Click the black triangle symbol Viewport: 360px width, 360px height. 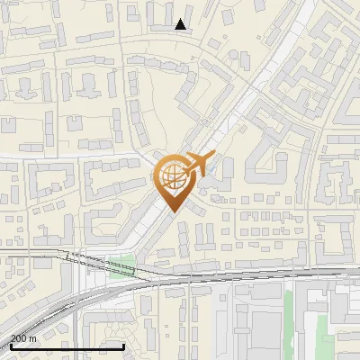coord(181,24)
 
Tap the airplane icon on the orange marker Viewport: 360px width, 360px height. coord(196,165)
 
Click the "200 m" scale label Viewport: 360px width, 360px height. coord(23,337)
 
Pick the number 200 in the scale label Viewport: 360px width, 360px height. coord(19,337)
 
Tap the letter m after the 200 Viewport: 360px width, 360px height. coord(33,338)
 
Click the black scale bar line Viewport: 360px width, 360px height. coord(67,346)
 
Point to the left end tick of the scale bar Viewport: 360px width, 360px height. coord(11,344)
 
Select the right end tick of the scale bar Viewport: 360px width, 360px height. coord(123,344)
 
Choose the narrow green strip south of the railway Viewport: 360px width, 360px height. coord(289,315)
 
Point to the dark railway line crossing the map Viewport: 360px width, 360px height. coord(225,276)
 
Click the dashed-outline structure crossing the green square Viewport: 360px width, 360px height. coord(99,264)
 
